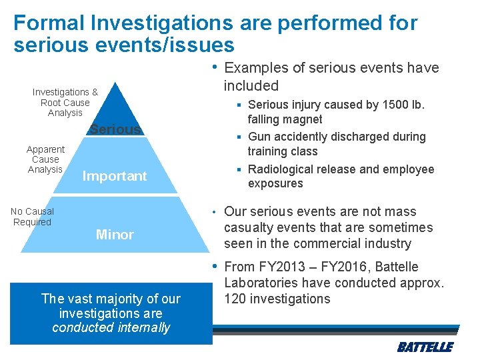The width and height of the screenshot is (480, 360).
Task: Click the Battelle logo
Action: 425,347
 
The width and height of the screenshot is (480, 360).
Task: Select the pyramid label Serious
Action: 116,129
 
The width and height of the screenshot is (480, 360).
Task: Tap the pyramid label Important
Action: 114,176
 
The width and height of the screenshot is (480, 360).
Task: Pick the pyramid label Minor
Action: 115,235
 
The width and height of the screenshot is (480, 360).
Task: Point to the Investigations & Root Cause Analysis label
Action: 65,102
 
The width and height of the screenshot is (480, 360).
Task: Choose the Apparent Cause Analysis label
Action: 45,159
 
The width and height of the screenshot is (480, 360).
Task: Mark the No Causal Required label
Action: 32,217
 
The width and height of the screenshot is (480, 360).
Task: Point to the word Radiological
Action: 281,169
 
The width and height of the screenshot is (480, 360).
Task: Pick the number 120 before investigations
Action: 235,299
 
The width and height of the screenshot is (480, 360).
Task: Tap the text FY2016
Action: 348,267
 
